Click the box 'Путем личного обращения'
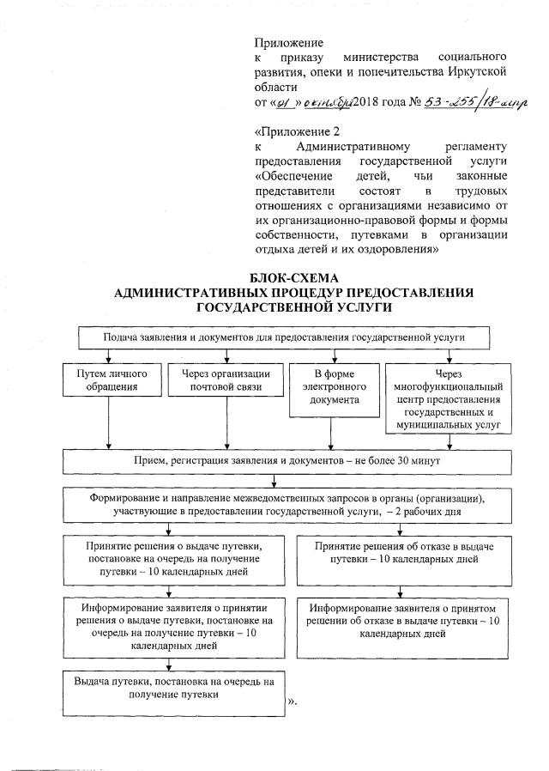[x=108, y=380]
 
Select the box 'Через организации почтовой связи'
[x=226, y=380]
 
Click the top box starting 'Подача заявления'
[x=284, y=337]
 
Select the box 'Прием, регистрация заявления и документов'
[x=284, y=462]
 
